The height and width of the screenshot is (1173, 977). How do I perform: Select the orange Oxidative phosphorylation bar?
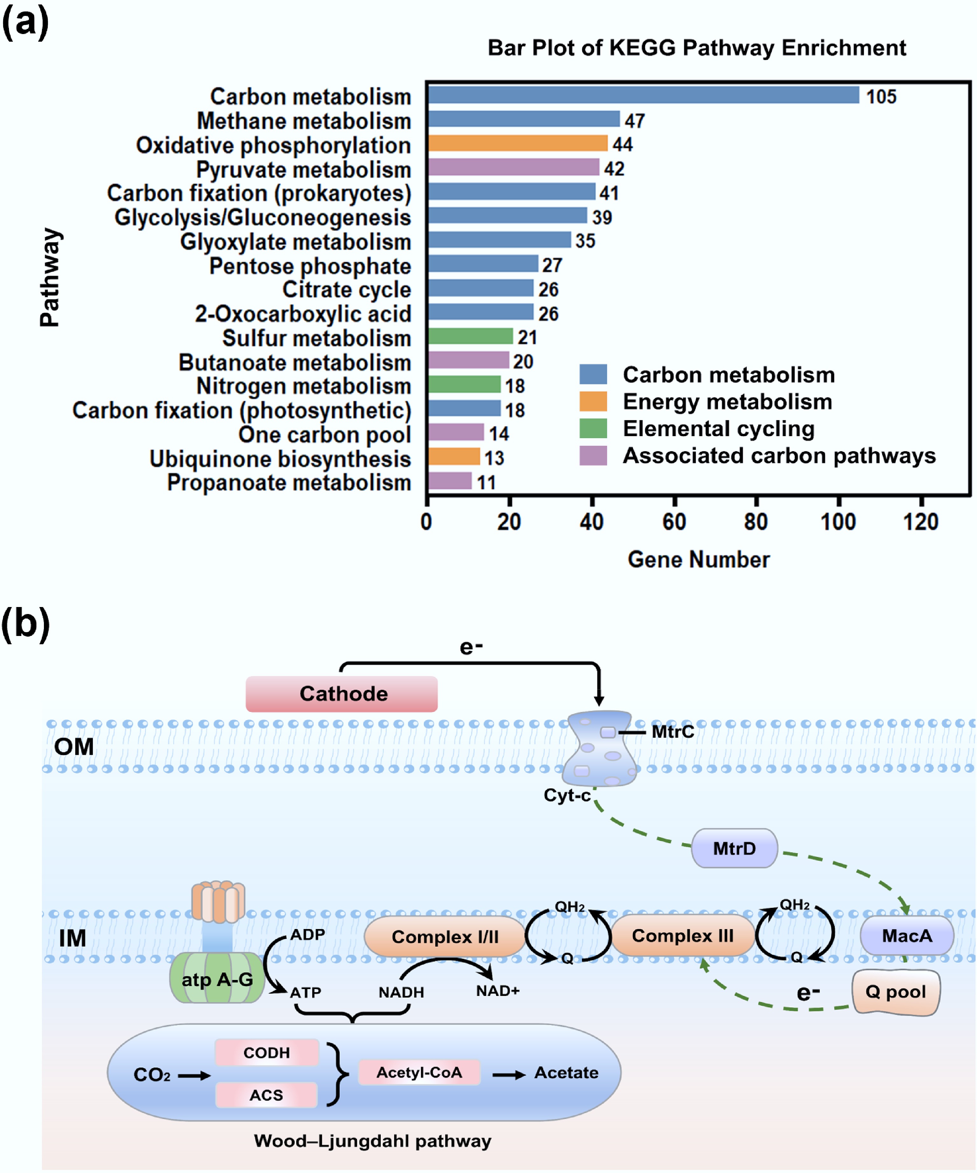(x=518, y=143)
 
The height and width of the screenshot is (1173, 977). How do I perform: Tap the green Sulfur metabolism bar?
(x=470, y=336)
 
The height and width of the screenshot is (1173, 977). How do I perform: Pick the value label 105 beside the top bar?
(x=881, y=97)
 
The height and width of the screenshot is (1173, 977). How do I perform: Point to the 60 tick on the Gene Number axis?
(x=674, y=522)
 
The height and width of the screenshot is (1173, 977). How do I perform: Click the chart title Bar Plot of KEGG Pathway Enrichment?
(x=697, y=48)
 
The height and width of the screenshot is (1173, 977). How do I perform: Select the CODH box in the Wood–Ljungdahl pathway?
(x=267, y=1052)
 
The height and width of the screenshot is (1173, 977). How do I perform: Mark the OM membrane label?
(x=74, y=747)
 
